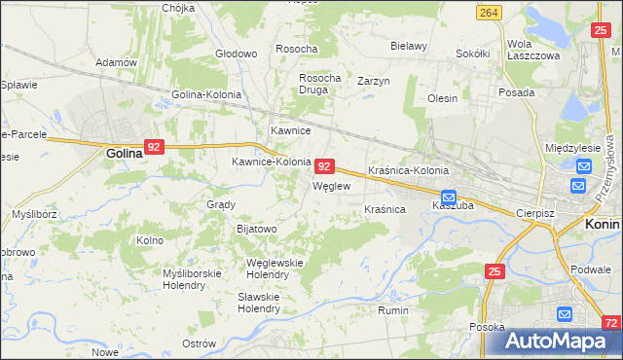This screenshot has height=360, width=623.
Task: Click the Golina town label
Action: coord(126,153)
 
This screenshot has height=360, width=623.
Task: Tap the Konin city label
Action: coord(603,223)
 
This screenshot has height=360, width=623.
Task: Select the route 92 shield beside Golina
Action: coord(154,148)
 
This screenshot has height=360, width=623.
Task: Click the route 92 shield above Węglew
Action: coord(326,166)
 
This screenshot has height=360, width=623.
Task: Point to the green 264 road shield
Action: coord(489,12)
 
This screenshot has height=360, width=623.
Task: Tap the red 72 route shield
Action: coord(609,322)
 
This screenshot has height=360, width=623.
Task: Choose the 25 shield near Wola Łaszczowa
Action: coord(600,31)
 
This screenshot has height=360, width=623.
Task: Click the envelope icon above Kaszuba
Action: coord(448,196)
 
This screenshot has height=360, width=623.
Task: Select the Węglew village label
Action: coord(330,185)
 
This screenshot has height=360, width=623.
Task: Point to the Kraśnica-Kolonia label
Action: coord(408,170)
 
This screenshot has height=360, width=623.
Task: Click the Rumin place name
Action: coord(392,310)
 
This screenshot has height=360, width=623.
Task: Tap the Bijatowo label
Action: coord(257,229)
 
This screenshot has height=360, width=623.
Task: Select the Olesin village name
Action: coord(442,98)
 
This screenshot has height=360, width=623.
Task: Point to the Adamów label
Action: coord(115,62)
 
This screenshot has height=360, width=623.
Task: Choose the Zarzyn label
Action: coord(374,81)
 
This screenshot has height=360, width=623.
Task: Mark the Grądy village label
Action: coord(221,205)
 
